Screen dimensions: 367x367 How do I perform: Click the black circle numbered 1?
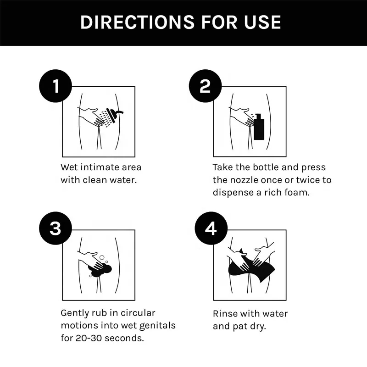tap(56, 86)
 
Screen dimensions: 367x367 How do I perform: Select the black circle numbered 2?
tap(205, 86)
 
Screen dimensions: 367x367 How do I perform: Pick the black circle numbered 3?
tap(56, 228)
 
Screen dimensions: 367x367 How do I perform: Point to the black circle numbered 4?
tap(211, 228)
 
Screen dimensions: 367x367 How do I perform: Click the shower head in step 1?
tap(113, 115)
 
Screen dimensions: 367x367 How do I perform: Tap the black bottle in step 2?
tap(259, 127)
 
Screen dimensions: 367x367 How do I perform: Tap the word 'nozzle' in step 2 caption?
tap(244, 180)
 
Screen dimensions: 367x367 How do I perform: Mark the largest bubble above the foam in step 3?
tap(102, 257)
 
